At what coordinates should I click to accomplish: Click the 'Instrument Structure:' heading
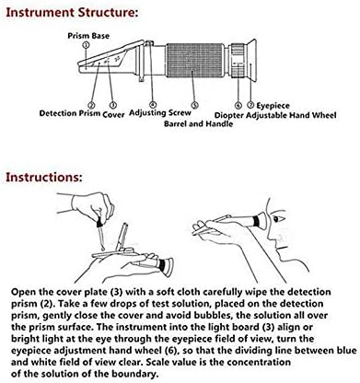coord(72,13)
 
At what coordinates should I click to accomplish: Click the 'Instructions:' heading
coord(44,178)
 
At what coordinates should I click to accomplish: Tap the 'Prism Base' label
coord(88,36)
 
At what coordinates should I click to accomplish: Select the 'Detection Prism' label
coord(70,113)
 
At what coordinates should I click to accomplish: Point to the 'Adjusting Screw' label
coord(160,113)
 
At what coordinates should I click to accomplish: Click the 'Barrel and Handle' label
coord(198,123)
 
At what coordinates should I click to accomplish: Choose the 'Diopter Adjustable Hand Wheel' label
coord(275,115)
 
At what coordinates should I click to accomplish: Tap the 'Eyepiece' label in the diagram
coord(273,106)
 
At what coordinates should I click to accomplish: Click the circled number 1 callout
coord(87,45)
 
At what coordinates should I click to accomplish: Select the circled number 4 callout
coord(153,105)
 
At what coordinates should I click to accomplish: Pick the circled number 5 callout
coord(195,105)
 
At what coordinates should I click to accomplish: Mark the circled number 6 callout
coord(238,106)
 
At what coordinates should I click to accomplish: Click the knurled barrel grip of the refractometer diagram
coord(194,60)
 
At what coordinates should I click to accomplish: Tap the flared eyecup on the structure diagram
coord(251,60)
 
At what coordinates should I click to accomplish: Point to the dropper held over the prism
coord(100,231)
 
